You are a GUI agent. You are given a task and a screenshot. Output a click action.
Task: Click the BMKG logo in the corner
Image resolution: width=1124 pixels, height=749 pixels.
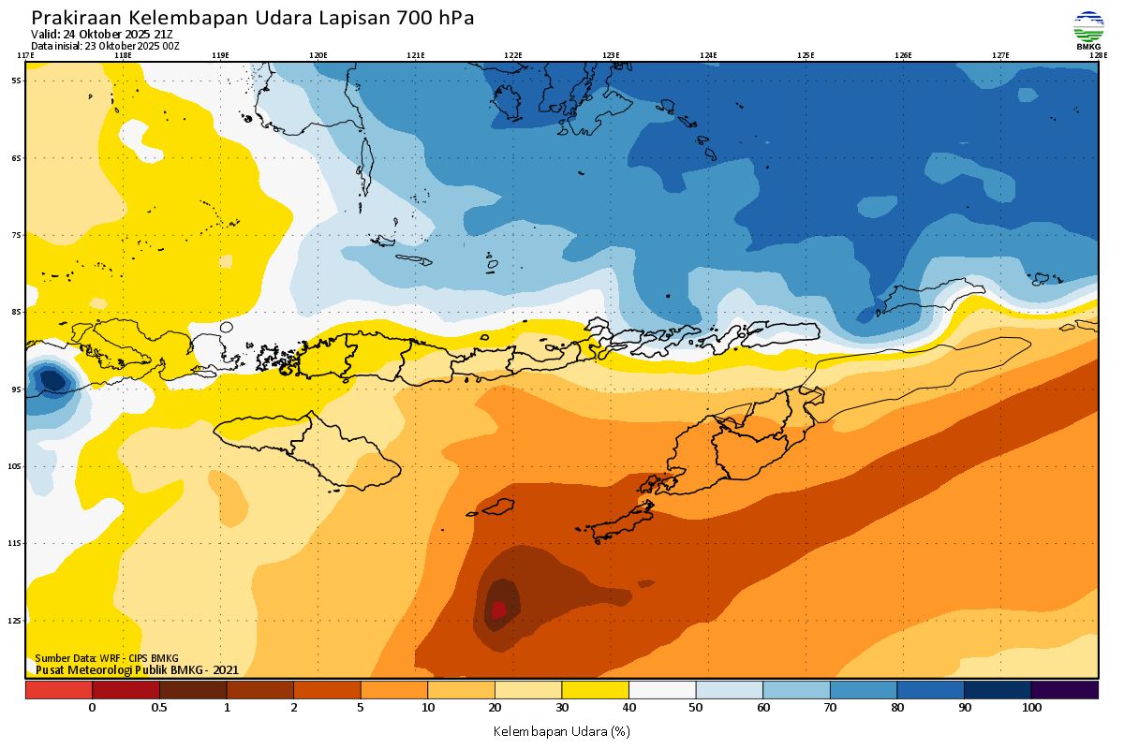tap(1088, 30)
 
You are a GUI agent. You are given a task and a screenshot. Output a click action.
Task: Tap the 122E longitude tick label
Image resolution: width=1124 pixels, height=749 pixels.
tap(512, 55)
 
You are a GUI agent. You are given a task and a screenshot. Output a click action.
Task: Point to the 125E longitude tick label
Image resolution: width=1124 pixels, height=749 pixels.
tap(806, 55)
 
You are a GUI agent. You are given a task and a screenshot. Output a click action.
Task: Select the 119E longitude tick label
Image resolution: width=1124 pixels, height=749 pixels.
tap(220, 55)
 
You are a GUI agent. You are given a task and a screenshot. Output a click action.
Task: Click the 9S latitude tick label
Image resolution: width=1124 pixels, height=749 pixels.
tap(17, 389)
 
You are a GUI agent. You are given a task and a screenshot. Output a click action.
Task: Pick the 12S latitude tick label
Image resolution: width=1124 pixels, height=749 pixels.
tap(17, 620)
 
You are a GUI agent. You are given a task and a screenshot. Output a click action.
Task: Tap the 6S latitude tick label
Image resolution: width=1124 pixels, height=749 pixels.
tap(17, 158)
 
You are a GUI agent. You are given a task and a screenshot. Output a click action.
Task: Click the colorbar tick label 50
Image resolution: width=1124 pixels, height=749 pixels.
tap(696, 708)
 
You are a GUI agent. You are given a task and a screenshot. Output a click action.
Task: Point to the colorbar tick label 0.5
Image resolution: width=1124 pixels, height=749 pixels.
tap(159, 708)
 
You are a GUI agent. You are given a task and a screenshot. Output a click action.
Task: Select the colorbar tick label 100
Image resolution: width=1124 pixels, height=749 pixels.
tap(1031, 708)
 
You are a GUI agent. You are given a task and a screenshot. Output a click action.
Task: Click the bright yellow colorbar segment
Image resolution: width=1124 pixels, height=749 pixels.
tap(595, 690)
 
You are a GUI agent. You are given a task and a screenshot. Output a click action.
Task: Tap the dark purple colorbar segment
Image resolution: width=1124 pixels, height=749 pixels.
tap(1064, 690)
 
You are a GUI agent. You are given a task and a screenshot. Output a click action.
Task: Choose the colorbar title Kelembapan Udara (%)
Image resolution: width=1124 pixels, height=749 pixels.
tap(561, 730)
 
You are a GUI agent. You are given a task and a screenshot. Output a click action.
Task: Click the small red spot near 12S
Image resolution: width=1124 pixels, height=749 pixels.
tap(498, 609)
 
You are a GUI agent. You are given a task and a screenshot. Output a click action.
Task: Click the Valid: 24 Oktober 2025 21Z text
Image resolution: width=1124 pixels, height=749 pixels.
tap(101, 35)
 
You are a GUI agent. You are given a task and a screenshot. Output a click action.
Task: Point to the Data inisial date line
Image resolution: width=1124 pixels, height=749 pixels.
tap(105, 46)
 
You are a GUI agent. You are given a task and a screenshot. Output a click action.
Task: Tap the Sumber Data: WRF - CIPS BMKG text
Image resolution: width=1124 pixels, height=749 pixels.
tap(106, 658)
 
